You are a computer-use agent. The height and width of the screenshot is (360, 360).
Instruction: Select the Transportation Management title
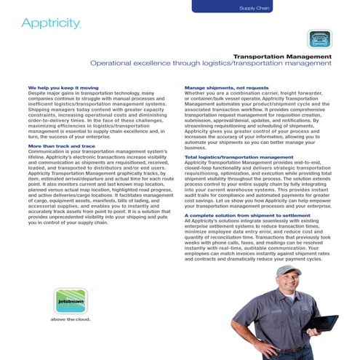282,56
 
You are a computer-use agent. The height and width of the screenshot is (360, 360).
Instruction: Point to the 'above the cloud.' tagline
68,318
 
